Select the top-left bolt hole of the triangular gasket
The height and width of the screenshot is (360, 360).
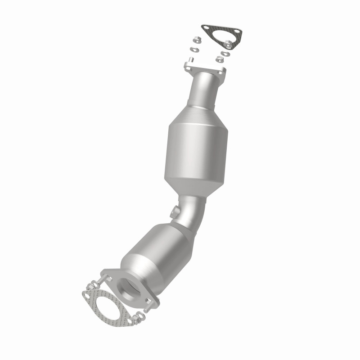tap(207, 29)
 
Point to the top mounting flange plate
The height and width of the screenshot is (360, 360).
tap(205, 68)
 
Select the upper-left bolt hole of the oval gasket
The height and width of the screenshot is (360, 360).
tap(88, 295)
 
